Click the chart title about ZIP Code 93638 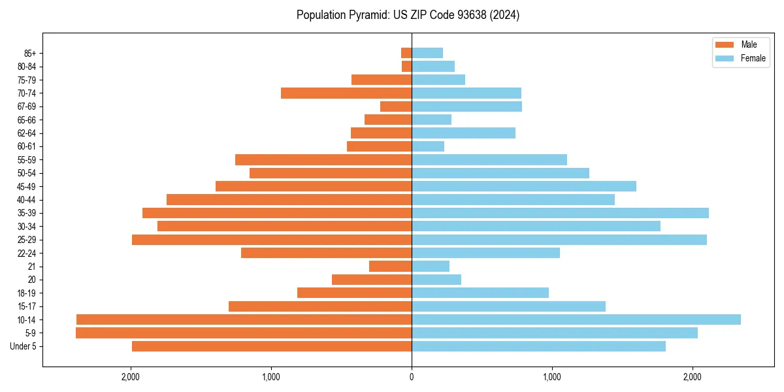point(408,15)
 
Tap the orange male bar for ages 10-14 point(244,319)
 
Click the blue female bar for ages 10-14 point(576,319)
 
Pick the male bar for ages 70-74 point(346,93)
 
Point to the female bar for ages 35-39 point(560,213)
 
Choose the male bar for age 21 point(390,266)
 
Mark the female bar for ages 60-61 point(428,146)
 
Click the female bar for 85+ point(427,53)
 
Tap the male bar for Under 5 point(272,346)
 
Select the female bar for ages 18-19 point(480,293)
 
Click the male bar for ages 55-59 point(323,159)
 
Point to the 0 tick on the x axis point(412,376)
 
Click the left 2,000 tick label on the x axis point(131,376)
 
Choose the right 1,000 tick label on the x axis point(552,376)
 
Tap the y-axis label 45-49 point(26,186)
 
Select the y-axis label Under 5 point(23,346)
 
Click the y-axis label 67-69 point(26,106)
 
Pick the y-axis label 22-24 point(26,253)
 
